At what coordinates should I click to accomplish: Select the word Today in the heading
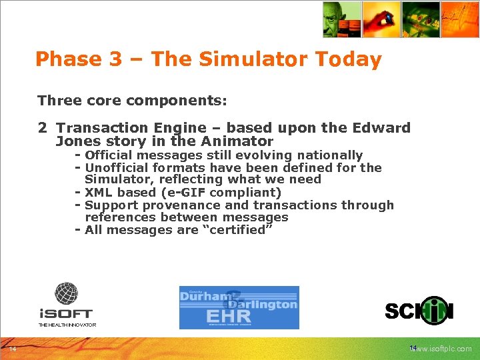coord(349,59)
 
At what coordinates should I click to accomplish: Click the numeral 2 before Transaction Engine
coord(42,127)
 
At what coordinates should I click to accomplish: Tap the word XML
coord(97,193)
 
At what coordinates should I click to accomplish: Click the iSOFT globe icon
coord(66,293)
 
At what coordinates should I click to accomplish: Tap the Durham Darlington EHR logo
coord(239,307)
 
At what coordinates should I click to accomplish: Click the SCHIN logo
coord(419,311)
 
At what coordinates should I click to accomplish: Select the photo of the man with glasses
coord(341,19)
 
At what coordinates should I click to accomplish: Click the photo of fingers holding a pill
coord(381,19)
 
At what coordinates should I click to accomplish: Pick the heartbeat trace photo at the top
coord(460,19)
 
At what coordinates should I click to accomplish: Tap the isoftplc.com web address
coord(445,349)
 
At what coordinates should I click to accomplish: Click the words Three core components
coord(132,101)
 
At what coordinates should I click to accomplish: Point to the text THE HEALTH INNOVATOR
coord(67,325)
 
